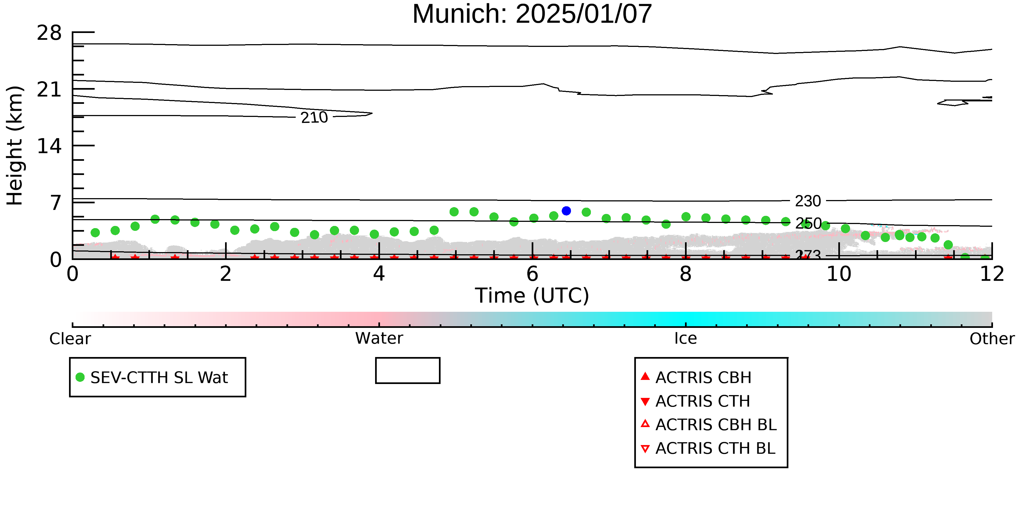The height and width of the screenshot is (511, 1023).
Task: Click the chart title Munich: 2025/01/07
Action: [x=532, y=14]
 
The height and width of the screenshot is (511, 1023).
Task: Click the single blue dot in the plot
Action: [x=566, y=211]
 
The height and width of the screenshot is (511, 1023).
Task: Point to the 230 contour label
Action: [x=808, y=201]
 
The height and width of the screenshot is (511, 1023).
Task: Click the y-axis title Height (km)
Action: [x=15, y=146]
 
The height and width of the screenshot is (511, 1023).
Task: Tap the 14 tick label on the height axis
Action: [x=49, y=146]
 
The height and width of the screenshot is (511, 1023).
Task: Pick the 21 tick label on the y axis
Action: [x=49, y=89]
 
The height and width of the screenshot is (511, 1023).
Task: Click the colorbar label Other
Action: [x=992, y=339]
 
